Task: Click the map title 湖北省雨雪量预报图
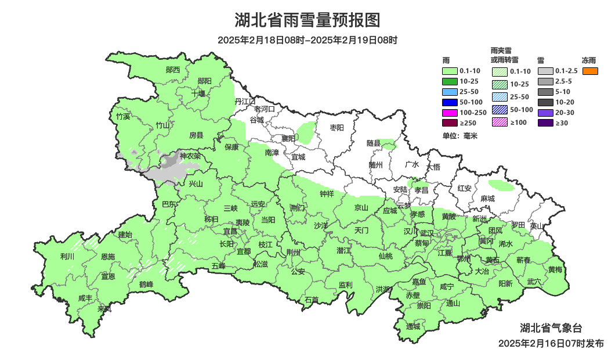307,20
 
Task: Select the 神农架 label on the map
190,156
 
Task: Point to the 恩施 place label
107,256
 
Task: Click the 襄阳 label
288,138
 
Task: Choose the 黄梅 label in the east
555,269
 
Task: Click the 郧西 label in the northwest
173,70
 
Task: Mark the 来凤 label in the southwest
104,308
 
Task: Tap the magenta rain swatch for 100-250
450,112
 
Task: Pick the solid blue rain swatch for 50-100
450,102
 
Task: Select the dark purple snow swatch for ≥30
545,123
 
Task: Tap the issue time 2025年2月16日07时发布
551,343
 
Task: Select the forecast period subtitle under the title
307,40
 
